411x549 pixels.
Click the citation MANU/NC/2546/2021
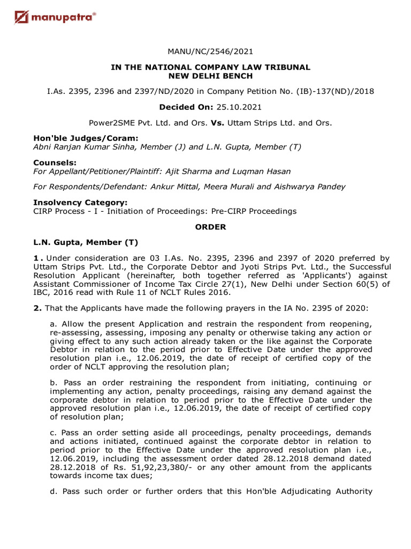click(210, 51)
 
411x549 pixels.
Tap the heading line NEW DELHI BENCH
click(210, 76)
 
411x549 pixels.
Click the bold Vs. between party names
click(217, 122)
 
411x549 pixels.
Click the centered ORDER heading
click(210, 227)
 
